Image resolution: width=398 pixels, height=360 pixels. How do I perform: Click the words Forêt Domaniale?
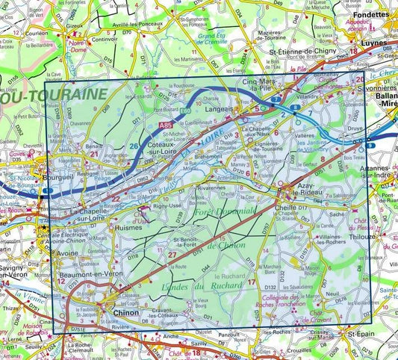pyautogui.click(x=224, y=213)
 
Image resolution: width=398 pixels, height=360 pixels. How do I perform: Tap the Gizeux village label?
pyautogui.click(x=74, y=25)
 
